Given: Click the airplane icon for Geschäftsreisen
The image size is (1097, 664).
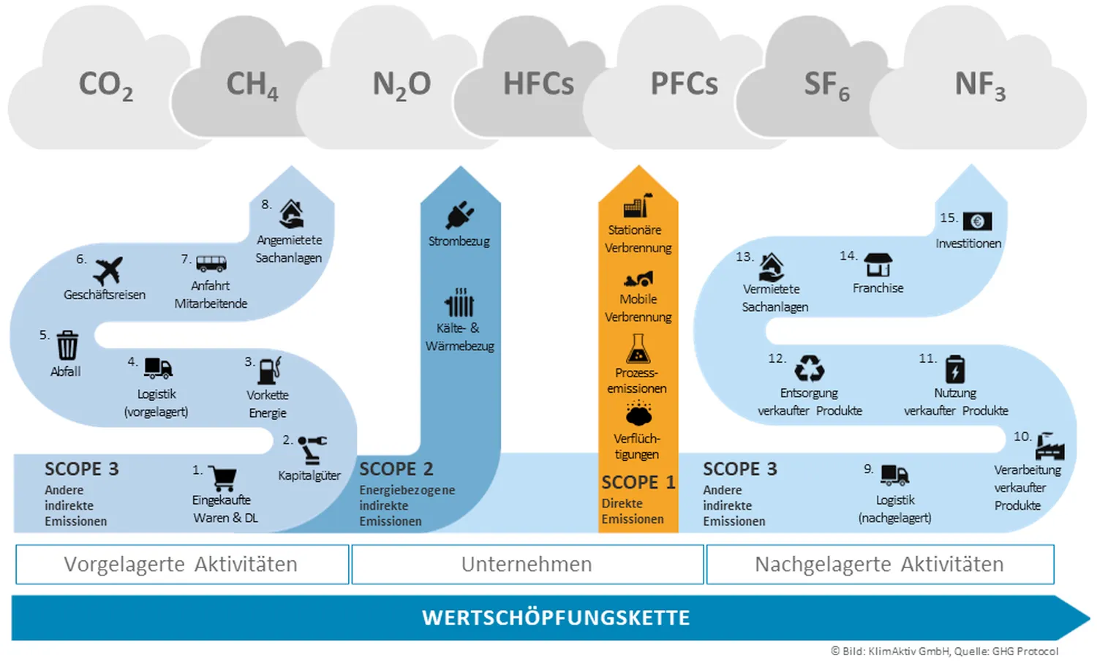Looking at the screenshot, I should point(108,271).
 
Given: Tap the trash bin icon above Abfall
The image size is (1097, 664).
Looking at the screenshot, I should point(67,344).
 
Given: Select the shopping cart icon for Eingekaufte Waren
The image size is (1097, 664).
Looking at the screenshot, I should point(222,478).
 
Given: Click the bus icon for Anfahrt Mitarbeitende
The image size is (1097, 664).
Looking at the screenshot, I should point(211,263).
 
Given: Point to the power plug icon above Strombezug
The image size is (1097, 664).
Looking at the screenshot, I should point(459,214).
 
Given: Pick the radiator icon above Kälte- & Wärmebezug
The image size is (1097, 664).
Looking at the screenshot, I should point(459,302).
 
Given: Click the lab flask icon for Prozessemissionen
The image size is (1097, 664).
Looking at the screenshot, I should point(638,349).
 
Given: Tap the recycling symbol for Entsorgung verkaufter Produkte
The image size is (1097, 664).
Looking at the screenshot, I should point(809,368).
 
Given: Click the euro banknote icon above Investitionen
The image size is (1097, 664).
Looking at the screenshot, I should point(977,221).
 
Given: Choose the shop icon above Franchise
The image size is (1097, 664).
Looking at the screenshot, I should point(878,265).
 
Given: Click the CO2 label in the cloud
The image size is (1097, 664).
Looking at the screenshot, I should point(106,85).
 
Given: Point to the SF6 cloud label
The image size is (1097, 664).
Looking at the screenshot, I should point(826,85).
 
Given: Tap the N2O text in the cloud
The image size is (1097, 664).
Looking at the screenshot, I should point(402,85).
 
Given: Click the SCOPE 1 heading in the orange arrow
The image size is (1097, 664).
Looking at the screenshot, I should point(638,483).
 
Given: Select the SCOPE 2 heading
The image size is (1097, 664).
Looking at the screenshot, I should point(396,469).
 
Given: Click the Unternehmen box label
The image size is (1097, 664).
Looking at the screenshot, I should point(527,565).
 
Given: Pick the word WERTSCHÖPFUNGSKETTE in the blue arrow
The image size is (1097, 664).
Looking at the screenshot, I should point(556,618).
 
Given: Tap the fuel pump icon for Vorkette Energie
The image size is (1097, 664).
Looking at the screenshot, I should point(270,370).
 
